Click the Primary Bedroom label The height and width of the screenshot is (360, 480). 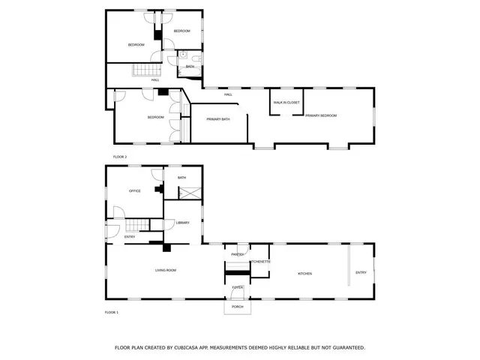tap(320, 115)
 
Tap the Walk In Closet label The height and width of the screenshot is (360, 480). tap(286, 102)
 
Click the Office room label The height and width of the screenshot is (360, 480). tap(135, 191)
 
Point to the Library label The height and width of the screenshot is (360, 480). tap(182, 223)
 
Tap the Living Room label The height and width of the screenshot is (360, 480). tap(165, 270)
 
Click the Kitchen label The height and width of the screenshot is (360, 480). tap(304, 273)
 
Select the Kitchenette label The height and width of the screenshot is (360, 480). tap(259, 262)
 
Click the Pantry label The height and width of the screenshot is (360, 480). tap(238, 255)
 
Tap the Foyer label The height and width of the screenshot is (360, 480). tap(237, 287)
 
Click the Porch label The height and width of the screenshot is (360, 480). tap(237, 307)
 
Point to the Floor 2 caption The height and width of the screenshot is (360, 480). tap(120, 157)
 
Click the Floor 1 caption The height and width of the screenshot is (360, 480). tap(111, 312)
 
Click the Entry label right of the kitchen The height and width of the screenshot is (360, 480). tap(361, 272)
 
